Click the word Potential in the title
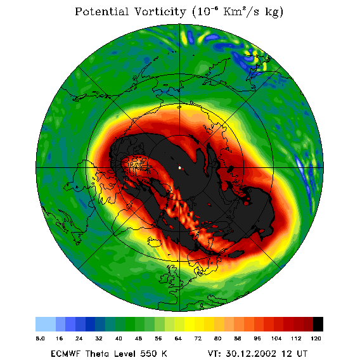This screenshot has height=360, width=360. [101, 11]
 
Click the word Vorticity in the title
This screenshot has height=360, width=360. [160, 11]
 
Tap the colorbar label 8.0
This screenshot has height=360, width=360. [40, 338]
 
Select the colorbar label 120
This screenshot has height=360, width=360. [316, 338]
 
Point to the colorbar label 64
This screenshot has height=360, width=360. [178, 338]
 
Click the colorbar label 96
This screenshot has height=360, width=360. [257, 338]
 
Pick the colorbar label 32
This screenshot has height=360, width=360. [99, 338]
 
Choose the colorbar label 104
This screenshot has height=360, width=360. [276, 338]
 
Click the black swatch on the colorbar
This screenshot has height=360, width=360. [318, 324]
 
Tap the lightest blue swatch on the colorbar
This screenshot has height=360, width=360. [46, 324]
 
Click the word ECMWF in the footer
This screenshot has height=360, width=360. [65, 353]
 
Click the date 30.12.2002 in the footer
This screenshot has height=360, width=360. [251, 353]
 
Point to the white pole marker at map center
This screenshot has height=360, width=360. [180, 168]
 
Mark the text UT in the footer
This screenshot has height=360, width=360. [301, 353]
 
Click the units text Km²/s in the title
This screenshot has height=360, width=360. [241, 11]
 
